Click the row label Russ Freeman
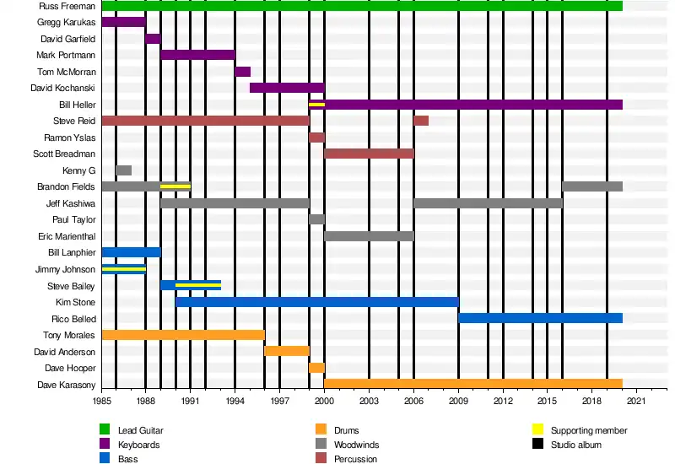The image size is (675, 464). (67, 6)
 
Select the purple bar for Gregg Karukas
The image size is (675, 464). (123, 22)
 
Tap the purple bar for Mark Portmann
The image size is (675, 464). (197, 55)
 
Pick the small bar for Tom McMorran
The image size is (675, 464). (242, 72)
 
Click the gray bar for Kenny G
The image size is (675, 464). (123, 170)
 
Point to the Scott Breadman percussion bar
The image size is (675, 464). (369, 154)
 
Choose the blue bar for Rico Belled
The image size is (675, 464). (540, 318)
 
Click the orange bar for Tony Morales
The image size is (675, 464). (183, 335)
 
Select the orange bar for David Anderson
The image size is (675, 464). (287, 351)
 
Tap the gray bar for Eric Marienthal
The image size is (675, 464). (369, 236)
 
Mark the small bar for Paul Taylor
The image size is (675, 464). (316, 219)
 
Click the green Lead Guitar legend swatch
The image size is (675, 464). (105, 429)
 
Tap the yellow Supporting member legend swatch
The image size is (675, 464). (537, 429)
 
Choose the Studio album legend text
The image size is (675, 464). (576, 445)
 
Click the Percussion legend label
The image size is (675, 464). (354, 459)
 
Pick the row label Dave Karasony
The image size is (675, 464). (64, 384)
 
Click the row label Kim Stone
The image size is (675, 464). (75, 302)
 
